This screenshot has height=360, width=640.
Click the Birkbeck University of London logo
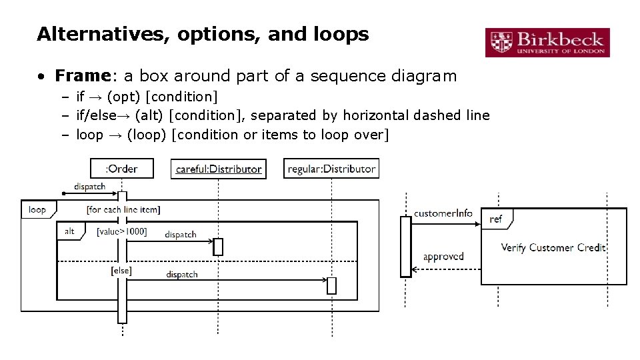pos(547,41)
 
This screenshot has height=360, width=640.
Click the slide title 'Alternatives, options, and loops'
pos(203,34)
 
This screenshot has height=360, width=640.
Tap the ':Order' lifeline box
pos(122,169)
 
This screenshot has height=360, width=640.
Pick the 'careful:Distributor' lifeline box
pos(218,169)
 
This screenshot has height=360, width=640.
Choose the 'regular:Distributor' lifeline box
pos(331,169)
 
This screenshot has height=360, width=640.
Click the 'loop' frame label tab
pos(37,209)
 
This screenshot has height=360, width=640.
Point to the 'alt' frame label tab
pos(69,231)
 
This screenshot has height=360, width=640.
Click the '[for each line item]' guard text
pos(123,209)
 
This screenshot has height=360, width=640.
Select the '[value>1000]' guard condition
pos(121,231)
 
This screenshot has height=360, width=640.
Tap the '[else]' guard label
pos(121,271)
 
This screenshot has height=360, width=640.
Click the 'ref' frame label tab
pos(496,219)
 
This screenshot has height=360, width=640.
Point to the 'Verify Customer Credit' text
pos(553,247)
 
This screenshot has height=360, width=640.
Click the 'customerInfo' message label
pos(443,213)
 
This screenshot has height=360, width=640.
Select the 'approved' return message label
pos(443,256)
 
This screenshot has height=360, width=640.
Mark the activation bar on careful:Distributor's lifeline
pos(218,247)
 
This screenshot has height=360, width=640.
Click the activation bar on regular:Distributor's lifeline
pos(331,285)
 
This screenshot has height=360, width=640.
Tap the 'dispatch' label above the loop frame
pos(89,187)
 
